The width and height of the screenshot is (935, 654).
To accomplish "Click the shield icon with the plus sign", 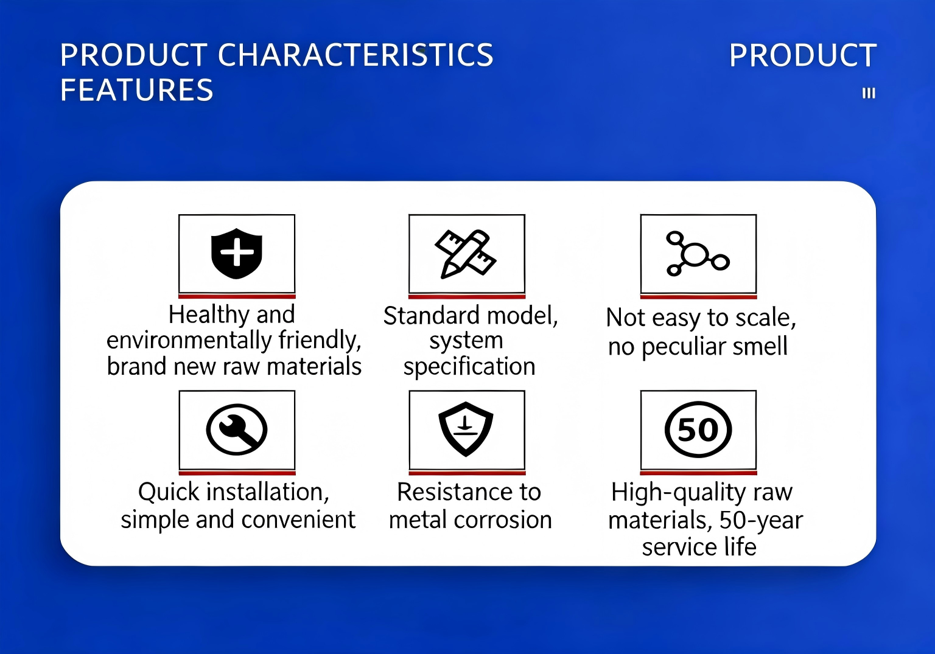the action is [x=237, y=253].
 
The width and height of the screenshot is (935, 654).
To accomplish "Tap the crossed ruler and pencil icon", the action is [x=466, y=254].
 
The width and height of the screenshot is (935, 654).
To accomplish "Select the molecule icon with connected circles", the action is [x=698, y=254].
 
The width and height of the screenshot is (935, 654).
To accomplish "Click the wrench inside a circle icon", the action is [x=237, y=429].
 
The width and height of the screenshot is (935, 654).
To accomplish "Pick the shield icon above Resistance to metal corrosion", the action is [x=466, y=429].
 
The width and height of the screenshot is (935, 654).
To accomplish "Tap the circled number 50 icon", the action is [x=698, y=429].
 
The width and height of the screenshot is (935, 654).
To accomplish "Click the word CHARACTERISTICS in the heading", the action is [x=355, y=55].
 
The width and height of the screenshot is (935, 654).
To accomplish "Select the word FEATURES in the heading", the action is [x=136, y=89].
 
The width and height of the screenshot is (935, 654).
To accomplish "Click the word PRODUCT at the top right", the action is [x=803, y=55].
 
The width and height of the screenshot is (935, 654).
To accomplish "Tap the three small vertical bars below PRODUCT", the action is [x=869, y=93].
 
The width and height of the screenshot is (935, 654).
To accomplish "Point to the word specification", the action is [x=469, y=367].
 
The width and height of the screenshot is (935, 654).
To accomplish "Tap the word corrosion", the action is [x=503, y=520].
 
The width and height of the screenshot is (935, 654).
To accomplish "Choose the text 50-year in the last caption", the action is [x=762, y=520].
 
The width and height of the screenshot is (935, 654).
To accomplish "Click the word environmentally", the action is [x=189, y=340].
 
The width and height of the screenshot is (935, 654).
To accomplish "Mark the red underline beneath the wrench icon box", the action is [x=237, y=473].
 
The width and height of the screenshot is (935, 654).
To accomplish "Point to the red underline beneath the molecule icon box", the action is [x=698, y=297].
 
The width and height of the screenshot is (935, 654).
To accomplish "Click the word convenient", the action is [x=298, y=520].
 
